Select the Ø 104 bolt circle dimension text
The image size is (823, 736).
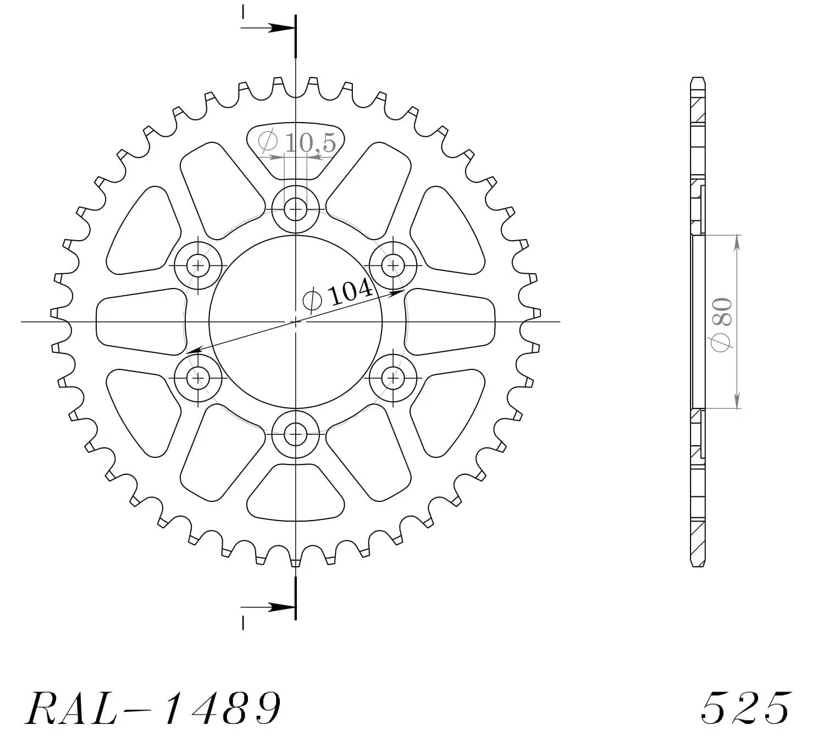pyautogui.click(x=338, y=295)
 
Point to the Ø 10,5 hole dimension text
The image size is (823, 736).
pyautogui.click(x=297, y=142)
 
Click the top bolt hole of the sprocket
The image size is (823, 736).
pyautogui.click(x=295, y=209)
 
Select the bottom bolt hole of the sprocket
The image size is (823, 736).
pyautogui.click(x=295, y=434)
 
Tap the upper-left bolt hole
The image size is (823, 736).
pyautogui.click(x=198, y=265)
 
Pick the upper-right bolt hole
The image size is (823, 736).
pyautogui.click(x=393, y=265)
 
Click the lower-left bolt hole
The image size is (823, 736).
pyautogui.click(x=198, y=378)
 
